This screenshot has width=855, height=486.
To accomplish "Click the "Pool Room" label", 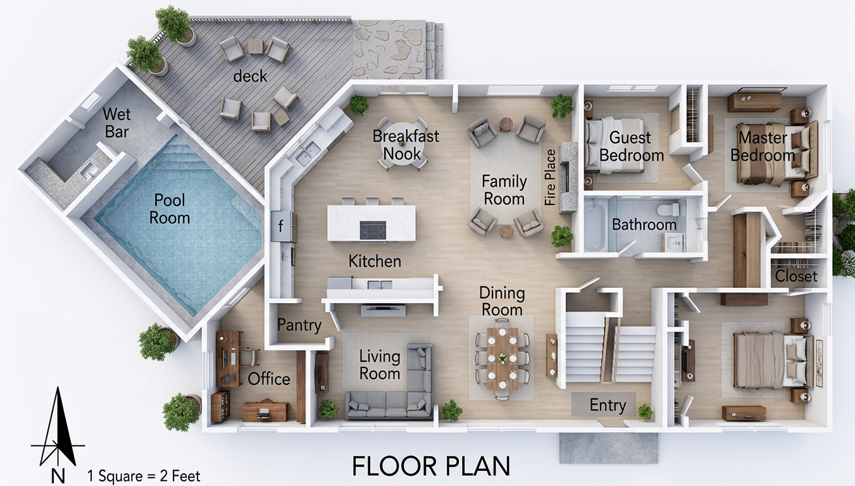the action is [170, 209].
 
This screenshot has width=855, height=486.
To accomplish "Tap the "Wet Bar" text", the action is [116, 123].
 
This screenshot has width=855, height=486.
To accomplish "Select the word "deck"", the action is [250, 77].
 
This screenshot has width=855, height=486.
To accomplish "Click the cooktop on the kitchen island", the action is [373, 230].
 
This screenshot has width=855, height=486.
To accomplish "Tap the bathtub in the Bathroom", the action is [595, 226].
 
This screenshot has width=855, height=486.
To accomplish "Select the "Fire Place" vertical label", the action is [550, 178].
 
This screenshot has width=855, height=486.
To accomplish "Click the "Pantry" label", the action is [299, 325].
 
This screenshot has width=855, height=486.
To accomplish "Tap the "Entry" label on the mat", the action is [608, 405].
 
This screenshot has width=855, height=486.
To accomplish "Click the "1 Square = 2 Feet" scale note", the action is [144, 476].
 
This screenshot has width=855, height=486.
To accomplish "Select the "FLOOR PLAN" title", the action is [431, 466].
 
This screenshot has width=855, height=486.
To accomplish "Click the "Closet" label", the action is [796, 276].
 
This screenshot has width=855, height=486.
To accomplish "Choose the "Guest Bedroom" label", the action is [632, 147].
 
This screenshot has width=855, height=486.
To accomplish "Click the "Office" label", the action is [269, 379].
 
